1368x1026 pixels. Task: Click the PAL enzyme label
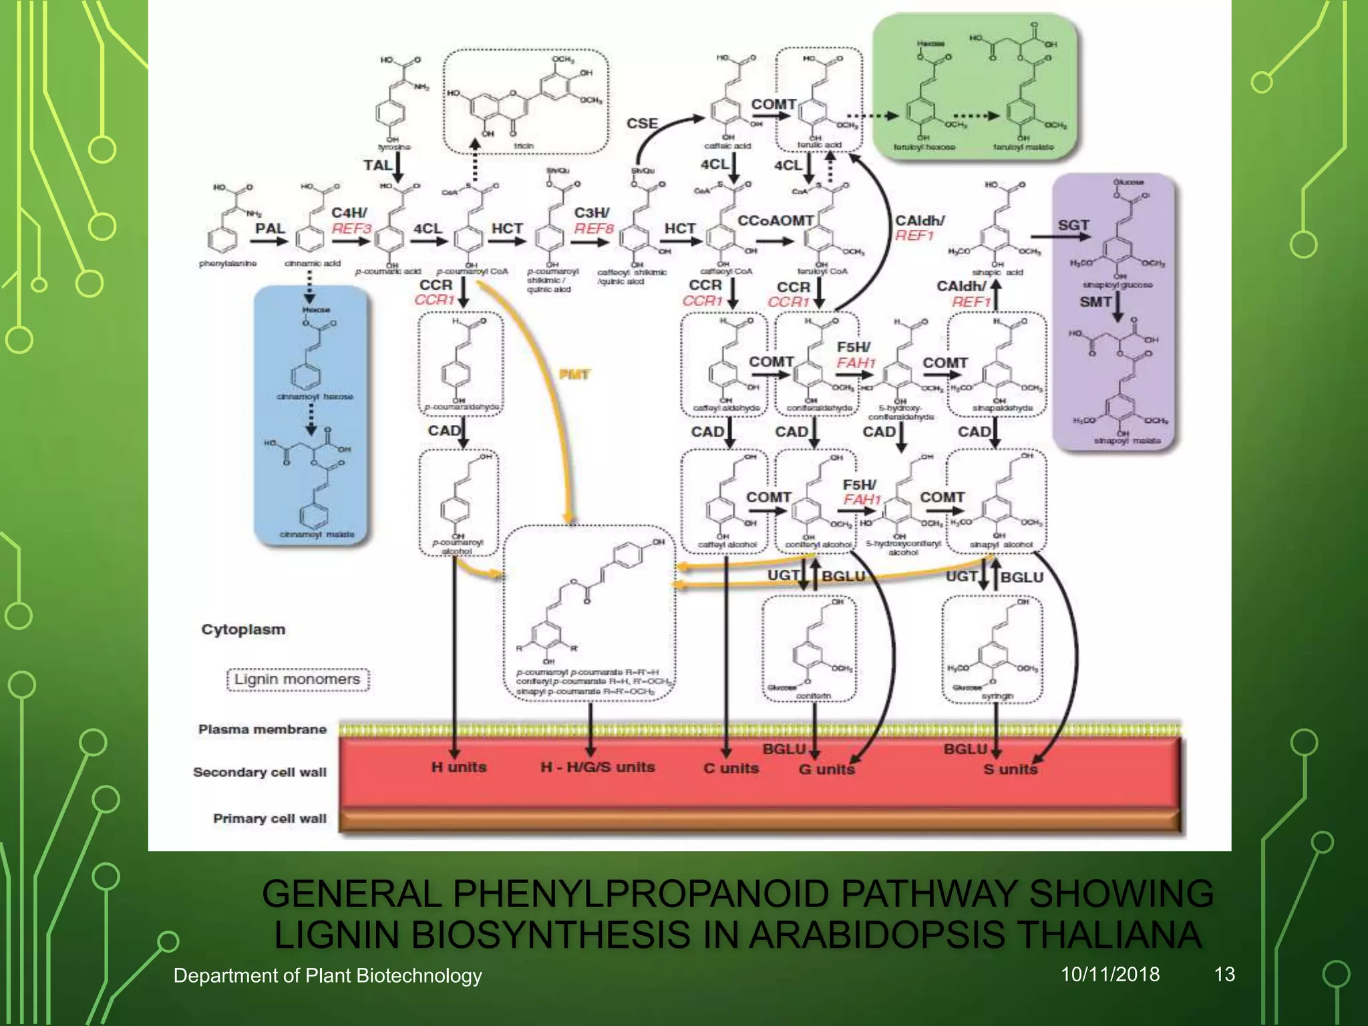click(x=270, y=228)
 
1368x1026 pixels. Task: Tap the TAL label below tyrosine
click(x=377, y=165)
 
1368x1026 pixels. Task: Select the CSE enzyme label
click(x=642, y=124)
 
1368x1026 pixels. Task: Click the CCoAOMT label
click(x=775, y=220)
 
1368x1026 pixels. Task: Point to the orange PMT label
click(x=574, y=374)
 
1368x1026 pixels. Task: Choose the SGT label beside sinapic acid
click(x=1073, y=225)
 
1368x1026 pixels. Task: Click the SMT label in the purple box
click(x=1095, y=302)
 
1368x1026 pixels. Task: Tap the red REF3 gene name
click(x=351, y=229)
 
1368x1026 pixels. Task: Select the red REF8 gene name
click(x=594, y=229)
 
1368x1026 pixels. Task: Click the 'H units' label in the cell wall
click(x=458, y=767)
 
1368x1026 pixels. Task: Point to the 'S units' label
click(x=1010, y=769)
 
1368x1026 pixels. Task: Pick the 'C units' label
click(x=731, y=768)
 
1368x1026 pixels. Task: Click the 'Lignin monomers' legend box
click(x=297, y=679)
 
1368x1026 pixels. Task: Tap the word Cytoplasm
click(x=243, y=629)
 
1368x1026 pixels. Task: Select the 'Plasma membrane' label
click(x=262, y=729)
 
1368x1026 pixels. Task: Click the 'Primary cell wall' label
click(x=269, y=818)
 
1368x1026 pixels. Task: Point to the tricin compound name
click(x=524, y=145)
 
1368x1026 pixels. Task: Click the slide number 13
click(x=1224, y=975)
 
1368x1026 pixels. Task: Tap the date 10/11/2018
click(x=1110, y=975)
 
